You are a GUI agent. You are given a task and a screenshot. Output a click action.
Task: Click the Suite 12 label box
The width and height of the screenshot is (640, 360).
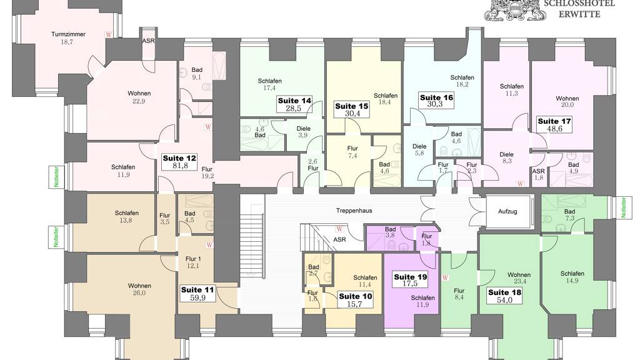[179, 162]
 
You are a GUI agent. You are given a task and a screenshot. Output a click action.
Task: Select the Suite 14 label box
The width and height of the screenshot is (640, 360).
[294, 104]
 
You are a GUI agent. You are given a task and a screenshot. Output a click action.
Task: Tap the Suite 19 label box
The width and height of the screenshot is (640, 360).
[410, 280]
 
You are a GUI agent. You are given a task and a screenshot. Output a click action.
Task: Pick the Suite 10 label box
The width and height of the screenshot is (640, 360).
[356, 300]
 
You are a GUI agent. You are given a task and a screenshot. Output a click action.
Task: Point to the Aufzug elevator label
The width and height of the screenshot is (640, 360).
[507, 211]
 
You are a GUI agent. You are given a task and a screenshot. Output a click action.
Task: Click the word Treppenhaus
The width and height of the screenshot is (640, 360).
[354, 211]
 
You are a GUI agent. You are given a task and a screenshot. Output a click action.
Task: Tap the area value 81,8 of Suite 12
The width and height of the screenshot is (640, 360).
[180, 166]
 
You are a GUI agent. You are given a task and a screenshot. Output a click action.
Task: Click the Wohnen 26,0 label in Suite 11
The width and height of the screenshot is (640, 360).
[139, 289]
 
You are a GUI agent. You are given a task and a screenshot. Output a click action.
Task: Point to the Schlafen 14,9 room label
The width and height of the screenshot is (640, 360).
[572, 277]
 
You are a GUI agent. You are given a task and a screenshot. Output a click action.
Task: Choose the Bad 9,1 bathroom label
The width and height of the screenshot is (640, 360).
[197, 74]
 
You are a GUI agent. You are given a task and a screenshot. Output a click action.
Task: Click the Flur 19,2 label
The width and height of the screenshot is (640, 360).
[207, 172]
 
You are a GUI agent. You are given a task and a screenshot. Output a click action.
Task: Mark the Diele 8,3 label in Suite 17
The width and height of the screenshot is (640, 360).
[506, 157]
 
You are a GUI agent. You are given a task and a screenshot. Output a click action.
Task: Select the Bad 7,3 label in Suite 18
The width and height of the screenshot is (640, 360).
[569, 215]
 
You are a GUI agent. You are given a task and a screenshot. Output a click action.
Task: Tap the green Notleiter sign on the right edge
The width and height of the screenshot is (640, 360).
[623, 207]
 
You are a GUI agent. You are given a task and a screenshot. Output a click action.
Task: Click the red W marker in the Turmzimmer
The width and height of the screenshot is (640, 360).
[109, 35]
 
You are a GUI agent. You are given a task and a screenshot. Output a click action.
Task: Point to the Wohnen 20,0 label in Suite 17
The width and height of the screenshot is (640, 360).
[567, 101]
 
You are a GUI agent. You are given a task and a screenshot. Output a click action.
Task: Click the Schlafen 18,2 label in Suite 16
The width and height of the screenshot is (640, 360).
[462, 81]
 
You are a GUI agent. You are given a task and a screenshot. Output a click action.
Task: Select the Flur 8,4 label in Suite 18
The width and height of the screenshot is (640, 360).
[459, 294]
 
